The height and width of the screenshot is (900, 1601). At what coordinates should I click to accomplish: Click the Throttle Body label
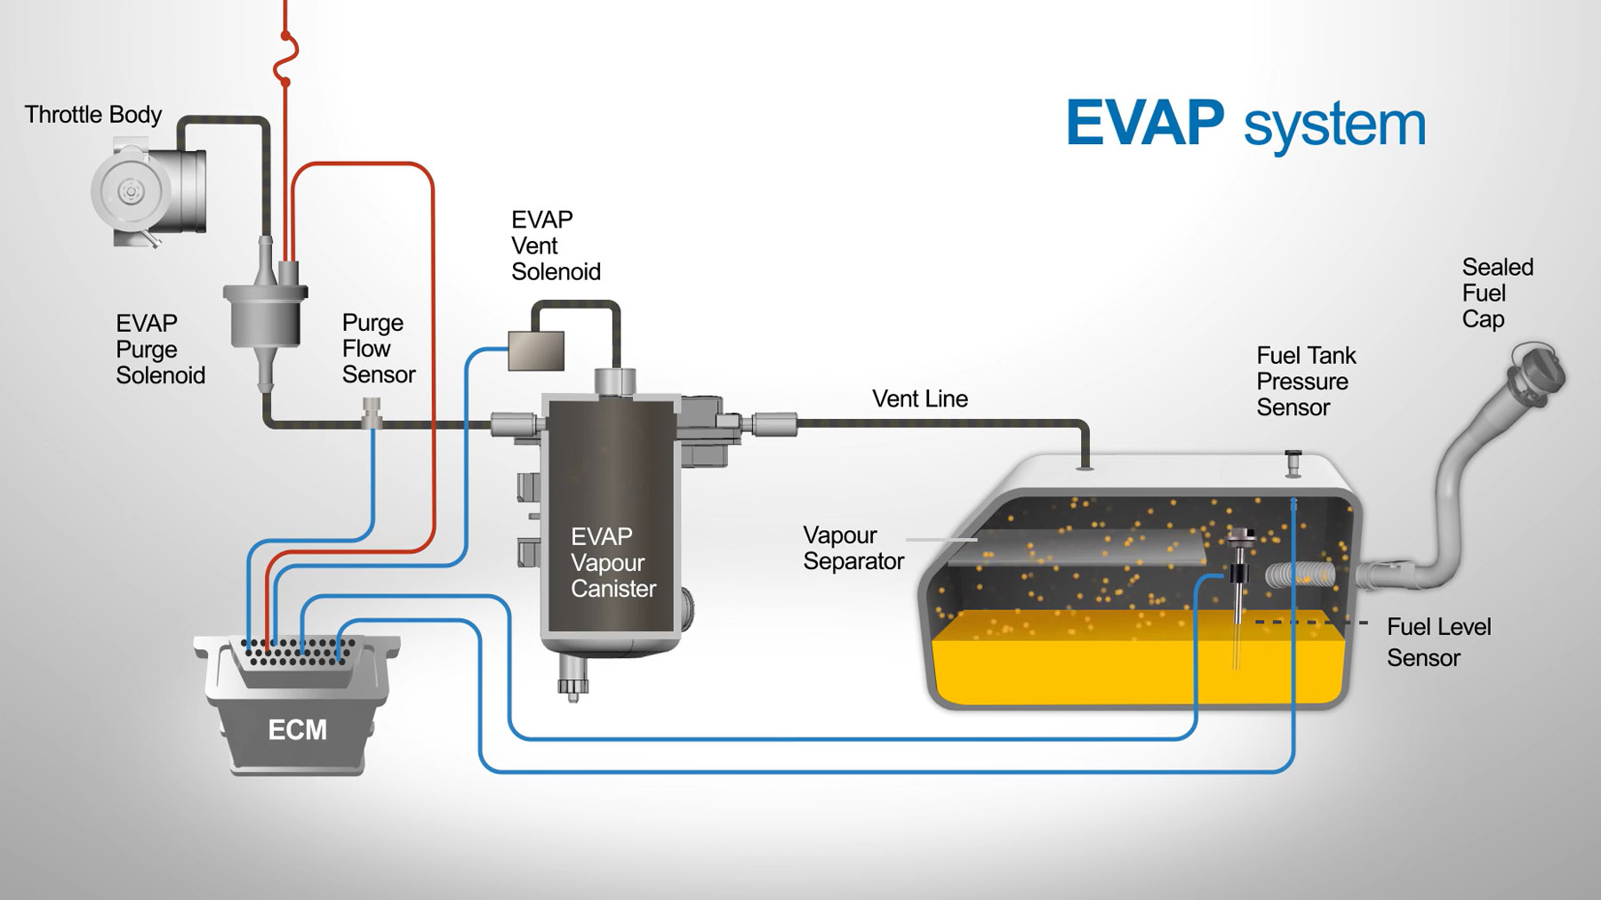[x=93, y=115]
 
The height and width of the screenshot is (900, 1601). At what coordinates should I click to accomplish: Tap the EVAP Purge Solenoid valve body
[x=264, y=316]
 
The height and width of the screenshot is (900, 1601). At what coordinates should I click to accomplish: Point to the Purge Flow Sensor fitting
[x=372, y=414]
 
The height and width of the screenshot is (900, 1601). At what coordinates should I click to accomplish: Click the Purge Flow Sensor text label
[x=378, y=349]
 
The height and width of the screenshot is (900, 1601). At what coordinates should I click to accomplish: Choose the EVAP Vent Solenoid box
[x=536, y=350]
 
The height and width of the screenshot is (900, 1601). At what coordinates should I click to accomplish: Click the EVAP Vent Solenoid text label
[x=556, y=245]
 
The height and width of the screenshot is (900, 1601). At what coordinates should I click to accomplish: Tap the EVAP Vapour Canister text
[x=612, y=562]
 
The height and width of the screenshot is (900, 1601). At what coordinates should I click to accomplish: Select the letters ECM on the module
[x=297, y=730]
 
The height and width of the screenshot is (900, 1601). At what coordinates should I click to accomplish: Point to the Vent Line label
[x=919, y=399]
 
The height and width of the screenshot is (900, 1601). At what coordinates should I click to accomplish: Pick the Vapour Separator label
[x=853, y=548]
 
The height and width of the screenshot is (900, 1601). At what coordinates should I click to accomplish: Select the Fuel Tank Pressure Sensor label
[x=1305, y=382]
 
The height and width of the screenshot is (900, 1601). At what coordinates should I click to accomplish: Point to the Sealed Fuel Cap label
[x=1497, y=293]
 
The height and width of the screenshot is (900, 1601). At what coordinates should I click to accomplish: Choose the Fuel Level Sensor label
[x=1437, y=642]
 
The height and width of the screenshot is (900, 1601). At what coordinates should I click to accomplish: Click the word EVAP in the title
[x=1144, y=123]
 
